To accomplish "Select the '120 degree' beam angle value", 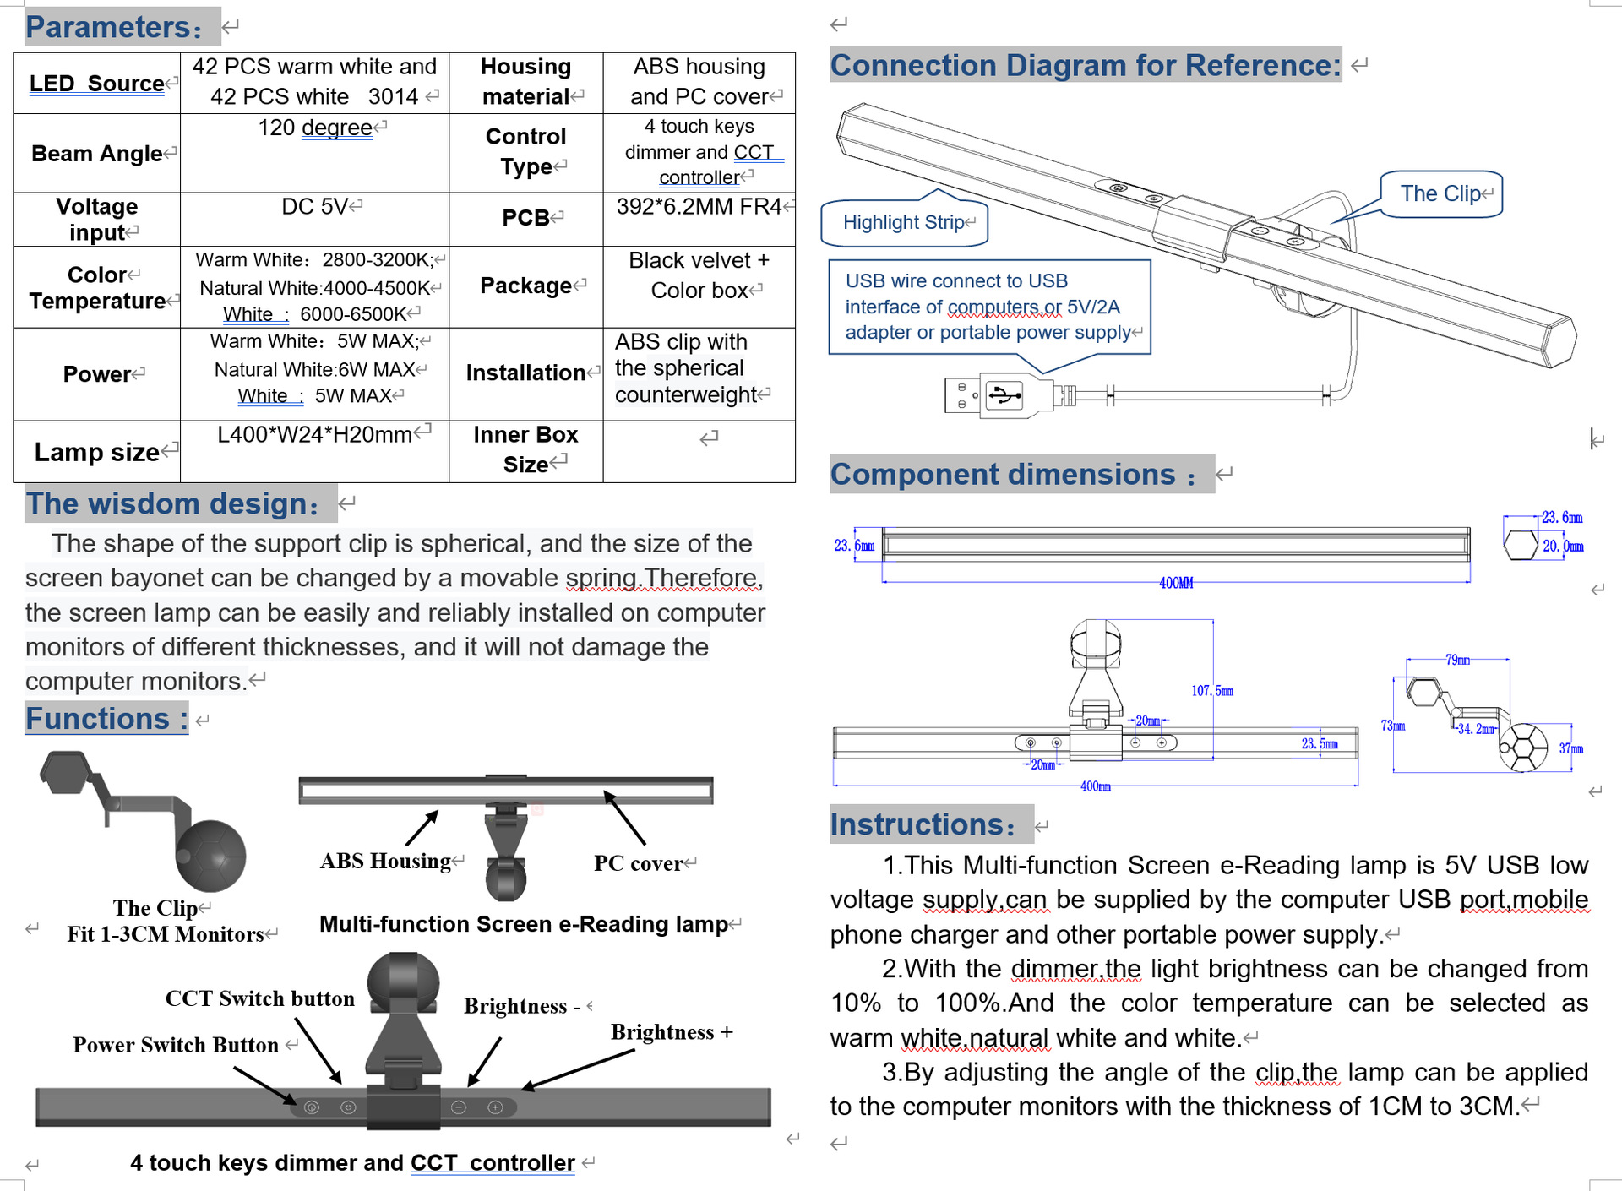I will (x=316, y=128).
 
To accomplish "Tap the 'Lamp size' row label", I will (x=97, y=452).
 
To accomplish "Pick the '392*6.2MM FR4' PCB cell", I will (x=699, y=207).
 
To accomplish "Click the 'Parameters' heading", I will (x=113, y=27).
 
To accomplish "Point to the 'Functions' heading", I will (x=106, y=719).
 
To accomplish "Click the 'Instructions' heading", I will (x=923, y=824).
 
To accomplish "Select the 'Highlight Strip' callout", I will (x=904, y=222).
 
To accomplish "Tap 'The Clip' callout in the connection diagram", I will (x=1440, y=194).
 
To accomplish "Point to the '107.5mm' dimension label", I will (x=1212, y=691).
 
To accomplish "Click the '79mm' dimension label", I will (x=1457, y=660).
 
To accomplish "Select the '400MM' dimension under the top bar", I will (x=1176, y=583).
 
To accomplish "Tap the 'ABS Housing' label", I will (x=385, y=861).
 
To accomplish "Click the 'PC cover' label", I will (x=639, y=863).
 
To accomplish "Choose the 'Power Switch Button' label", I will (x=176, y=1045).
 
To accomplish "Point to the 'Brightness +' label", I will (x=672, y=1032).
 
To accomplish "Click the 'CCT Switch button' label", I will (x=259, y=998).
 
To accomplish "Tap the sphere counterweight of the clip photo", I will (x=211, y=856).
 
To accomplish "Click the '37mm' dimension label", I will (x=1570, y=748).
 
